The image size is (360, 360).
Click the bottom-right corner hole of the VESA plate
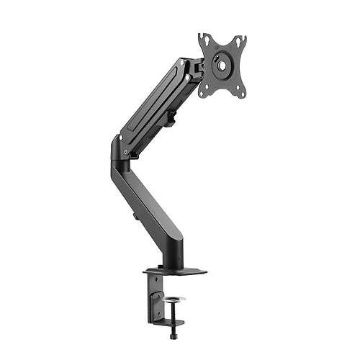tap(242, 94)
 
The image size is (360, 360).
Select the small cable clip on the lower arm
tap(135, 214)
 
